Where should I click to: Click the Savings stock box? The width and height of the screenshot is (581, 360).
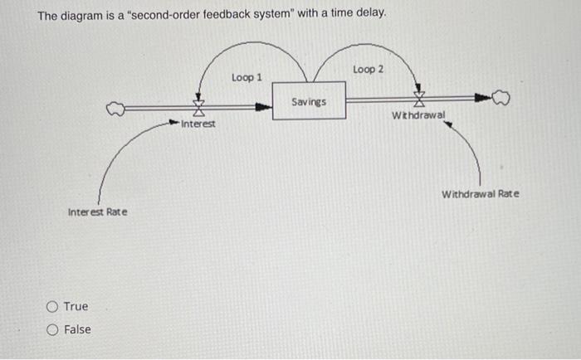coord(309,100)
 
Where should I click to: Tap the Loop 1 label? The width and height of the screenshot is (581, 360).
coord(247,77)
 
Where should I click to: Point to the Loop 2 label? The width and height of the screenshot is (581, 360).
coord(368,69)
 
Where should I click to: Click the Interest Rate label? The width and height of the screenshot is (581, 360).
coord(97,212)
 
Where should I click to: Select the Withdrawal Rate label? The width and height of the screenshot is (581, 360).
coord(480,194)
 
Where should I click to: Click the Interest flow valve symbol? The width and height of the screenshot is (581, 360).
coord(198,106)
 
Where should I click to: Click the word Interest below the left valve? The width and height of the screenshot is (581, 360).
coord(198,124)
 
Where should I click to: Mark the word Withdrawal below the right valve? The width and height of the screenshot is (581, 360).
coord(418,114)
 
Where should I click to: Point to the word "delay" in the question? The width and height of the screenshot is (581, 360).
coord(370,15)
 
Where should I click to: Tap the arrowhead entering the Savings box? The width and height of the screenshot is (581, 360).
coord(266,106)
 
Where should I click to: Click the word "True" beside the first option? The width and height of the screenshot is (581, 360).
coord(76,307)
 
